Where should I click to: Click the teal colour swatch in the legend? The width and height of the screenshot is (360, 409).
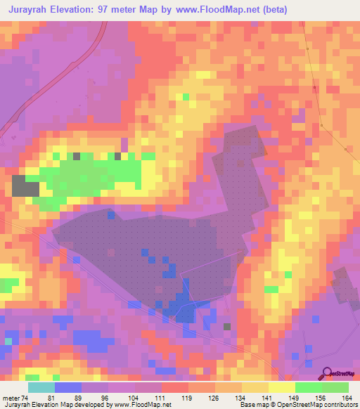click(x=41, y=387)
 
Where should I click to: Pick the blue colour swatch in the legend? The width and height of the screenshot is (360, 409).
click(x=67, y=387)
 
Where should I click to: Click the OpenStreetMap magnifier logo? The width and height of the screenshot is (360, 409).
click(x=328, y=372)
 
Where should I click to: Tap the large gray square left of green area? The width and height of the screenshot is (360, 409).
click(x=25, y=186)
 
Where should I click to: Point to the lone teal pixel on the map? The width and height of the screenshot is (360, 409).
click(x=8, y=341)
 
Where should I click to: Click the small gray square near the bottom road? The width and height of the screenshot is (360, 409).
click(x=226, y=326)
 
